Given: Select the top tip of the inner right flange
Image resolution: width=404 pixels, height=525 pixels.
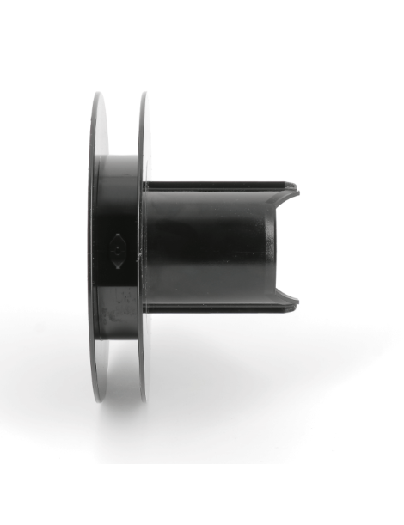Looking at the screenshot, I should pyautogui.click(x=142, y=95).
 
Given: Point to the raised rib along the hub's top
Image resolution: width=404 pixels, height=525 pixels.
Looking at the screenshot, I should pyautogui.click(x=219, y=185).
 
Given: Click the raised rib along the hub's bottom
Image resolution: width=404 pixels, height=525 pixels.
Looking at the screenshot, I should pyautogui.click(x=219, y=306).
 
